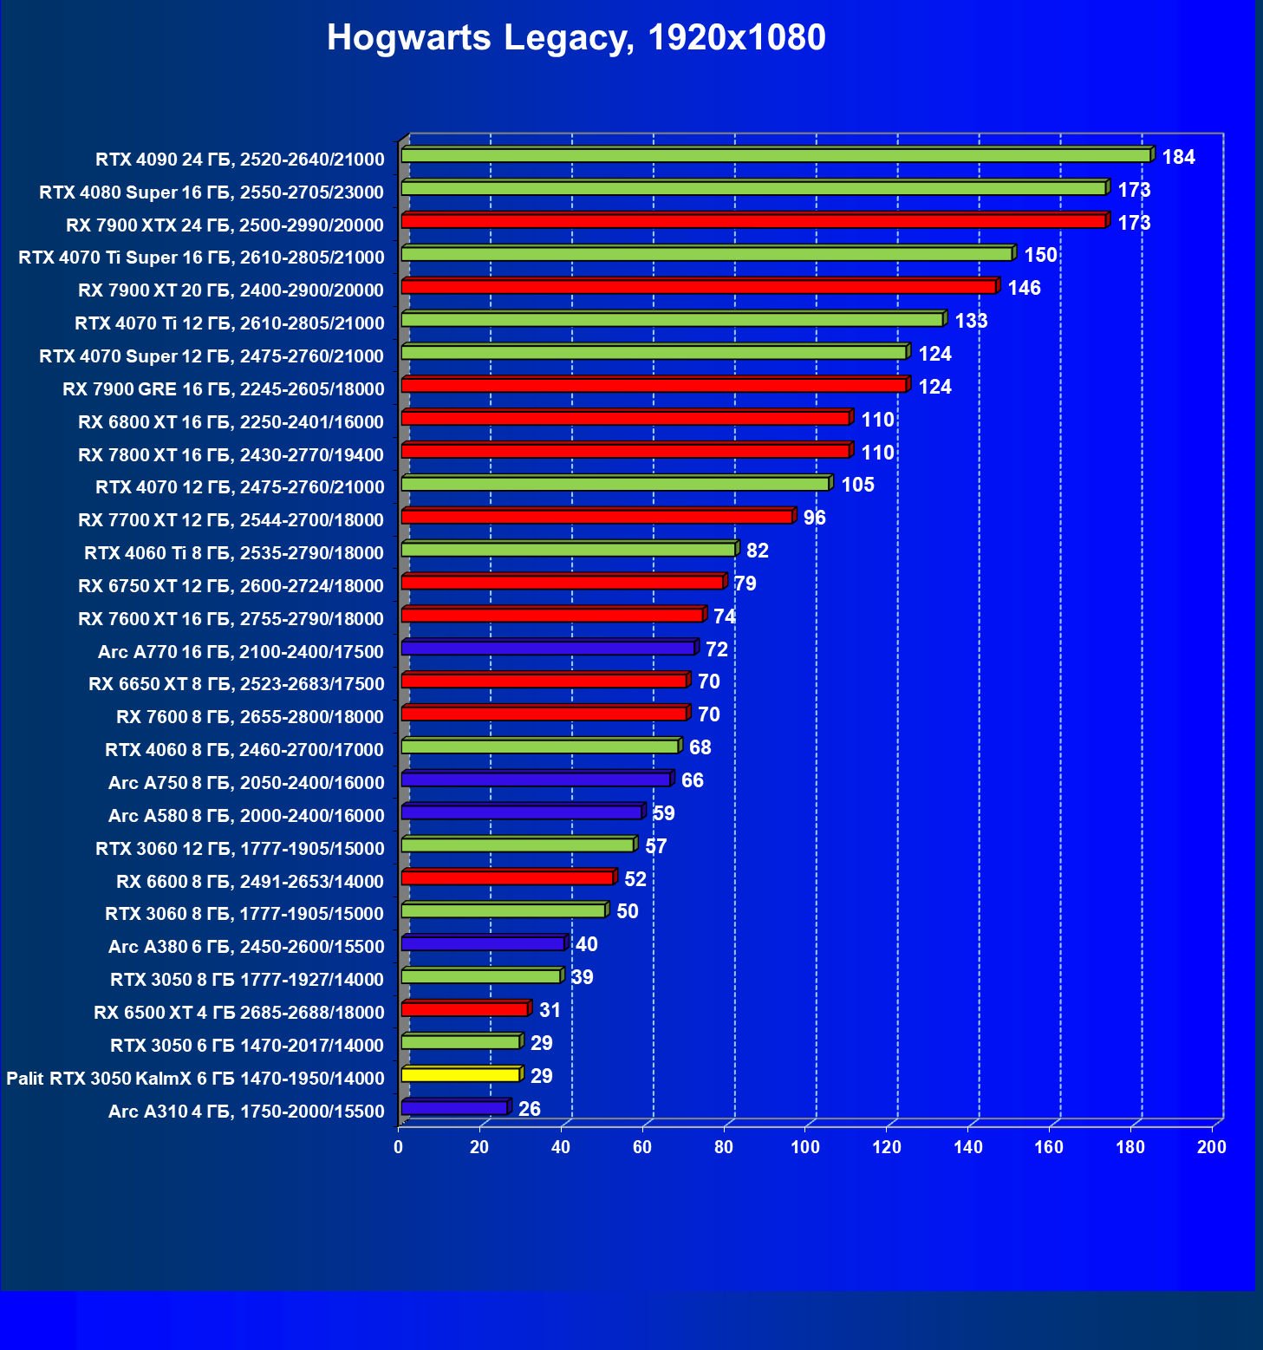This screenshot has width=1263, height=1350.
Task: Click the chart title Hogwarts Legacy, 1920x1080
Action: coord(576,38)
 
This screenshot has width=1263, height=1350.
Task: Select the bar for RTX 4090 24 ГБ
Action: coord(776,155)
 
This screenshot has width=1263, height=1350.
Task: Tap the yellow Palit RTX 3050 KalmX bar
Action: coord(460,1075)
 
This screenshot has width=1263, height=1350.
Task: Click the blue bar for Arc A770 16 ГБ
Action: coord(548,648)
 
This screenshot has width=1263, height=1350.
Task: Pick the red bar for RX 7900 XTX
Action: coord(753,221)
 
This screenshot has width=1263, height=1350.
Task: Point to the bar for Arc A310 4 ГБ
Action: coord(454,1108)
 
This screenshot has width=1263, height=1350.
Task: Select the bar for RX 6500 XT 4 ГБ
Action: coord(465,1009)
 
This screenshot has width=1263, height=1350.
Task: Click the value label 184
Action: coord(1178,157)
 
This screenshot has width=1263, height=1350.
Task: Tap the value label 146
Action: coord(1024,288)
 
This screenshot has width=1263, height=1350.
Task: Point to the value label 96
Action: coord(814,518)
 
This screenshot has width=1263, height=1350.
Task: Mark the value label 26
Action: coord(529,1109)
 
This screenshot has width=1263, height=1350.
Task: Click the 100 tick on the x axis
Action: coord(804,1148)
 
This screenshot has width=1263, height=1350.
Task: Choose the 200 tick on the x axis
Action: coord(1211,1148)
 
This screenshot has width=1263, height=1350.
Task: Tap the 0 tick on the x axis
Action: coord(398,1148)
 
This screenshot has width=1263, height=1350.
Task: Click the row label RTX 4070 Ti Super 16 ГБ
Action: coord(201,258)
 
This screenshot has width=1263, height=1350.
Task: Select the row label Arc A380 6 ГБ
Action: coord(245,947)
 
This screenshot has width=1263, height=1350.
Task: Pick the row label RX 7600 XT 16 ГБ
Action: coord(231,619)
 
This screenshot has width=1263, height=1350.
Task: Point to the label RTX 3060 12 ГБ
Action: coord(239,849)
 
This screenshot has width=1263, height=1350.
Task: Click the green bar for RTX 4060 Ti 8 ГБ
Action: coord(568,550)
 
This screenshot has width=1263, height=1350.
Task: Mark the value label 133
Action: coord(971,321)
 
